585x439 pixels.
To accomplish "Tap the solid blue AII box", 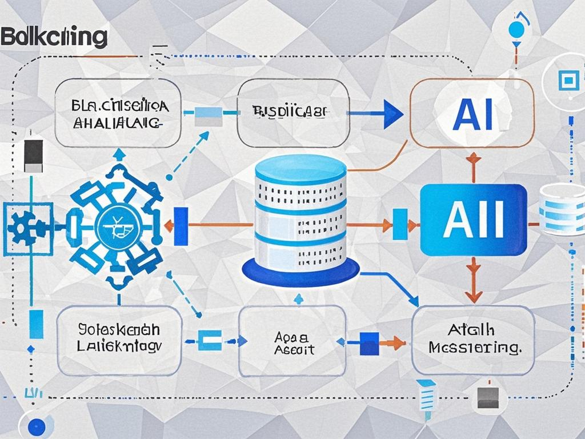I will (473, 219).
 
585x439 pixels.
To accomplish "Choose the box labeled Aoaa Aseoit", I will (292, 341).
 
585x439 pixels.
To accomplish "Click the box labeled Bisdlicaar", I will (292, 113).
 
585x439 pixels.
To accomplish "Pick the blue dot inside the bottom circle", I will (36, 426).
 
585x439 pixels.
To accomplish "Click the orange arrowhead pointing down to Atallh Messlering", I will (472, 295).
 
